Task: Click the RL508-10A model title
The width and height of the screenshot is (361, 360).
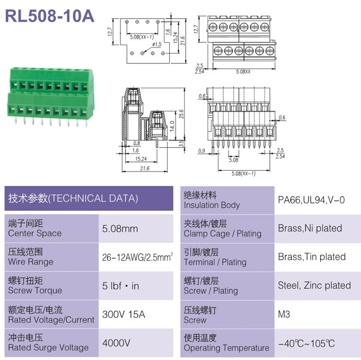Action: click(50, 16)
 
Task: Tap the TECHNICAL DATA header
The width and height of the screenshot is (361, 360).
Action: click(73, 199)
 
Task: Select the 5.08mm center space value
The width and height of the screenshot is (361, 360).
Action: click(120, 228)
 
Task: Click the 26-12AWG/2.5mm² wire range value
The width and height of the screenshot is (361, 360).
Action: click(138, 257)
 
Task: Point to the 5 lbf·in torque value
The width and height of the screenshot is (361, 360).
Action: click(121, 286)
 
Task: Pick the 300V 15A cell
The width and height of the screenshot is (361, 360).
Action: click(124, 315)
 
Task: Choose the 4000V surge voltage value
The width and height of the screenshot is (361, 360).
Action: click(116, 343)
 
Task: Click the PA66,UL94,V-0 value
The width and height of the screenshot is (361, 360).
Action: click(311, 200)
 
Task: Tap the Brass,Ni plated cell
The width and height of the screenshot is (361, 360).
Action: click(310, 228)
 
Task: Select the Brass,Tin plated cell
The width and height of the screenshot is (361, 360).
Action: click(311, 257)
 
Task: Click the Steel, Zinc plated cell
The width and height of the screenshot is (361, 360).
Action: click(314, 285)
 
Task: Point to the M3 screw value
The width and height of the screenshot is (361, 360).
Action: click(284, 314)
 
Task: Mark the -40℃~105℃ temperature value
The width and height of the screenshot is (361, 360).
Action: click(306, 343)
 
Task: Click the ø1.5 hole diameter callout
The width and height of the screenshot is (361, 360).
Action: click(157, 44)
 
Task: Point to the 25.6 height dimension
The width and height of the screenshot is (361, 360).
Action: click(182, 114)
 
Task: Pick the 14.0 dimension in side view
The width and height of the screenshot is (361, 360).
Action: click(172, 126)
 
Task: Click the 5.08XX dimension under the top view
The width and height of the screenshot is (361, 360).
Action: click(243, 72)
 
